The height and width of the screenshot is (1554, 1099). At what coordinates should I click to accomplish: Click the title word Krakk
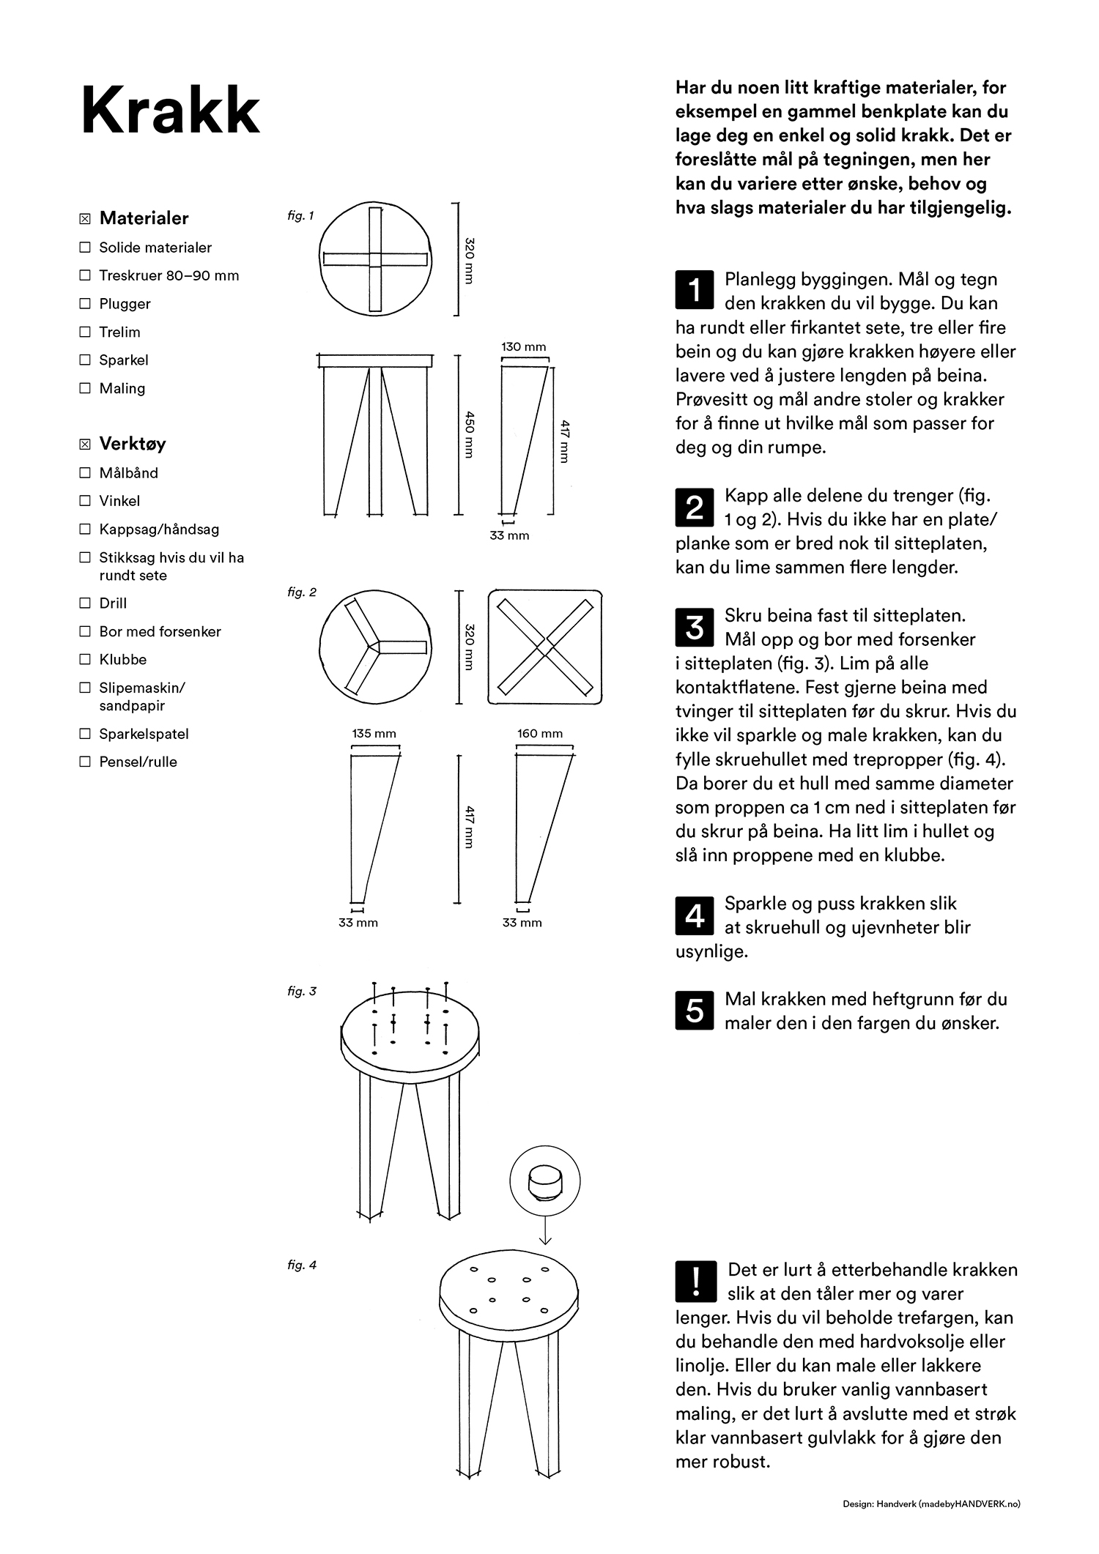pos(170,111)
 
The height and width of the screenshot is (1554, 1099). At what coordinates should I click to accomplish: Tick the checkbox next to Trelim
pos(85,332)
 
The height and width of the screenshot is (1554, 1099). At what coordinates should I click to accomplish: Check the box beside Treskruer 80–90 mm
pos(85,275)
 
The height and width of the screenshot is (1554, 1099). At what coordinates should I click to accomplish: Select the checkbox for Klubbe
pos(85,659)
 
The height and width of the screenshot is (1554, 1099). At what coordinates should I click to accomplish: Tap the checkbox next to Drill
pos(85,603)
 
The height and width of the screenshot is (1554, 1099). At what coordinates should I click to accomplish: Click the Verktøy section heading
pos(132,444)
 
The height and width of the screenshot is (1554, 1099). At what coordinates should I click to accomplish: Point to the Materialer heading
pos(144,218)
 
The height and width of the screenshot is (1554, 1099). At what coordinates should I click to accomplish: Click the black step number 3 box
pos(693,628)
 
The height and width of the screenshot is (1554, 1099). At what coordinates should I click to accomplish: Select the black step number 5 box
pos(693,1011)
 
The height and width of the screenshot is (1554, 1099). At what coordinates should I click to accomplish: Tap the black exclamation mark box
pos(694,1281)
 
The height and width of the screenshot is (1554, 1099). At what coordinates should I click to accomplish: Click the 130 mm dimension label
pos(524,347)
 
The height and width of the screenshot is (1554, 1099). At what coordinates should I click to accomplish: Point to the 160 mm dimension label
pos(540,733)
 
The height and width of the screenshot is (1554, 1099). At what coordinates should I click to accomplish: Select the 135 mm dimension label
pos(374,733)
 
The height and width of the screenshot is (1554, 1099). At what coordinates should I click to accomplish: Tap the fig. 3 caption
pos(302,992)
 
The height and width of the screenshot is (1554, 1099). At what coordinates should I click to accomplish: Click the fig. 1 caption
pos(300,216)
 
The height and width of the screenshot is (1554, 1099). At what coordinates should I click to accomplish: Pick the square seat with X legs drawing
pos(545,647)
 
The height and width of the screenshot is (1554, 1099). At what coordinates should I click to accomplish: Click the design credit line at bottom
pos(930,1504)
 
